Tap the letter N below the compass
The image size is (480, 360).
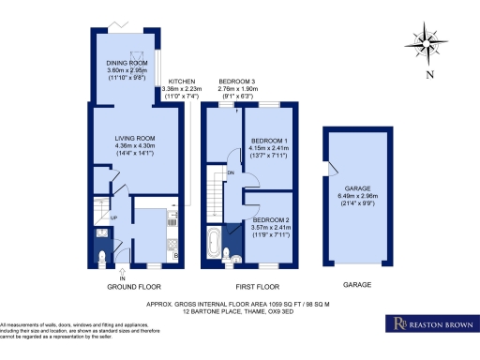[428, 74]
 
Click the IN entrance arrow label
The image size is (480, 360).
[121, 276]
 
